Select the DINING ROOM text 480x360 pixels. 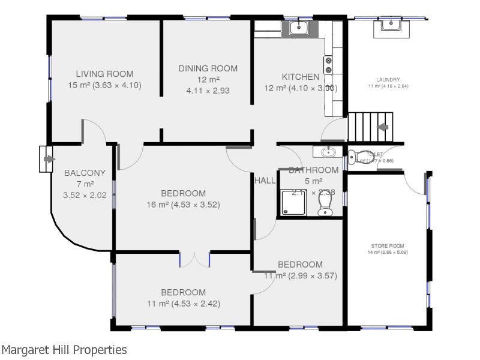[208, 68]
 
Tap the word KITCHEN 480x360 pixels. [301, 77]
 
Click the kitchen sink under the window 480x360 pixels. [299, 27]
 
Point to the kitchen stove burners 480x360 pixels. [329, 65]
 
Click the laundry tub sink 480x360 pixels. [391, 25]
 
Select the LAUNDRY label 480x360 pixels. [388, 80]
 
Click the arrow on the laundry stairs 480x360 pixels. [382, 127]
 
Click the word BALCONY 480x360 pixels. [85, 173]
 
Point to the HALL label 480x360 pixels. [265, 180]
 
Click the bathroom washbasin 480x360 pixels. [326, 151]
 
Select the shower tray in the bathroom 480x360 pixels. [292, 202]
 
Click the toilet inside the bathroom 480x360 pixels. [325, 205]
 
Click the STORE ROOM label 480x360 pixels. [387, 246]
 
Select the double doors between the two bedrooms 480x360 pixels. [194, 259]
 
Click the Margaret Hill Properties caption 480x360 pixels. [64, 349]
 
